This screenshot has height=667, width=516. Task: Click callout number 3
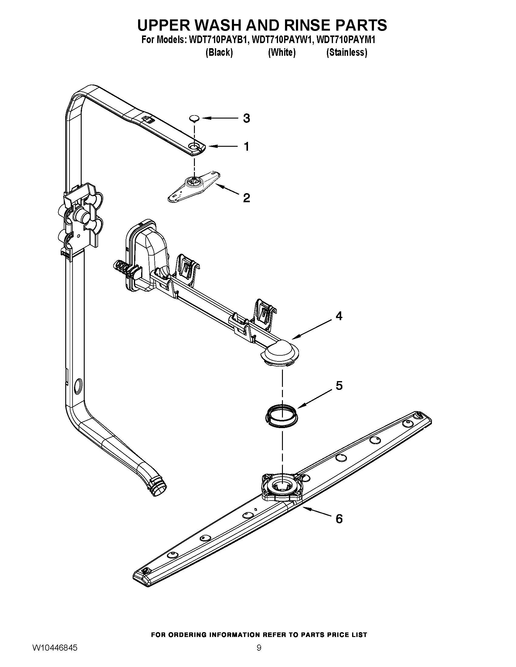[246, 119]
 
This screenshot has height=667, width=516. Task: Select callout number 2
[246, 198]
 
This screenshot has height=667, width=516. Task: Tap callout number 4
[339, 316]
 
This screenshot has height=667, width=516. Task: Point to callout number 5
[339, 386]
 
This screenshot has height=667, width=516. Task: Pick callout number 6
[339, 519]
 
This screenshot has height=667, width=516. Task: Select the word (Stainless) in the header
[347, 52]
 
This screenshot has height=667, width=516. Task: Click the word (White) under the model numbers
[282, 52]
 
